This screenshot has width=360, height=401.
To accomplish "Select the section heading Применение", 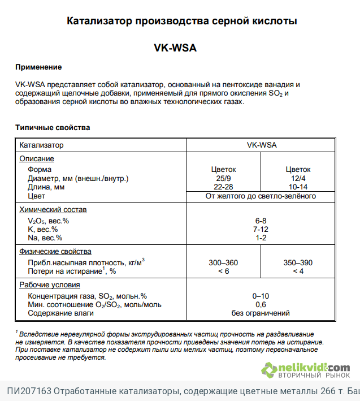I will coord(38,68).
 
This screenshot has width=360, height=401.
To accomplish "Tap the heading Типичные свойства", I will coord(52,128).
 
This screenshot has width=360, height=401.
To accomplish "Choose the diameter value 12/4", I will coord(297,178).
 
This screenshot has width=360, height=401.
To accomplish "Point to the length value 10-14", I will coord(297,187).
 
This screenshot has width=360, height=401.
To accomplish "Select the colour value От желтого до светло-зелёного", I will coord(261,196).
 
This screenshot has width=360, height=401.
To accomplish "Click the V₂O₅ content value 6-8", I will coord(261,221).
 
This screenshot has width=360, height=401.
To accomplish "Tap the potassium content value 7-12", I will coord(261,229).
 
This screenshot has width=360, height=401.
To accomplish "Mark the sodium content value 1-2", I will coord(261,238).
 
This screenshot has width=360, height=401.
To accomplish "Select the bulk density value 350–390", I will coord(297,263).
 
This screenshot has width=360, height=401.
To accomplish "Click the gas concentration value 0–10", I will coord(261,296).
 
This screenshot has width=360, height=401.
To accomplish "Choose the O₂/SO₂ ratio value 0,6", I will coord(261,304).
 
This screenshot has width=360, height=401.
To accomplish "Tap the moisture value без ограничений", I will coord(261,313).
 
